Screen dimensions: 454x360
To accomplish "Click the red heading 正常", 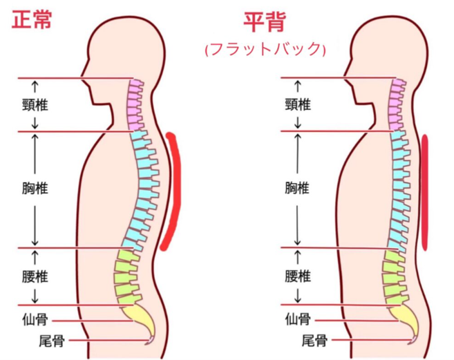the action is click(32, 20).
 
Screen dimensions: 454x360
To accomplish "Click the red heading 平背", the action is click(265, 22).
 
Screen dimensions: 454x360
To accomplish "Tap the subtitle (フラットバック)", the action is click(265, 50).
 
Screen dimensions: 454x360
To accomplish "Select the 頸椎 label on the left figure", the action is click(35, 105).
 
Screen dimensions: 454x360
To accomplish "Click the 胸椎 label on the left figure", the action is click(35, 188).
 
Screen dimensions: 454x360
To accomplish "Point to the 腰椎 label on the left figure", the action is click(35, 276).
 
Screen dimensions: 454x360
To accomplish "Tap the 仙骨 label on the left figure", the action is click(35, 321).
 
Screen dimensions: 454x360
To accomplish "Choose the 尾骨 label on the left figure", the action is click(52, 341).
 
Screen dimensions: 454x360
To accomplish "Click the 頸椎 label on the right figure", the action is click(298, 105).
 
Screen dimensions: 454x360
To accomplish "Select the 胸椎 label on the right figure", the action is click(298, 188).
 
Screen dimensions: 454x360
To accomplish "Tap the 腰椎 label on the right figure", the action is click(298, 276).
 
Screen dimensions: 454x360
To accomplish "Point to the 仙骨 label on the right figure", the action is click(298, 320).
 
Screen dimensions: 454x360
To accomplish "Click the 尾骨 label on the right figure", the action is click(314, 341).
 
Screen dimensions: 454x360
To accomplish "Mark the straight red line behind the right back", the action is click(425, 192).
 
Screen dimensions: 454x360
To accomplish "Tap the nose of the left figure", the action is click(82, 76).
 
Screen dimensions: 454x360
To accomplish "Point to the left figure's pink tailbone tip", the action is click(150, 341).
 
